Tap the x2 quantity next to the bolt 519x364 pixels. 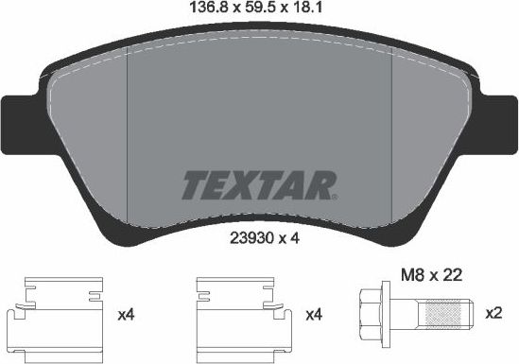tap(493, 313)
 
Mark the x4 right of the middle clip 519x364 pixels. tap(312, 313)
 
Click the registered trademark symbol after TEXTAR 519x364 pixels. tap(332, 197)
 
